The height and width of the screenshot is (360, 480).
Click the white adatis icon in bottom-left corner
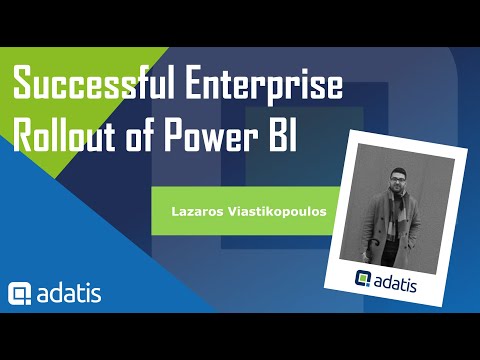[x=21, y=294]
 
